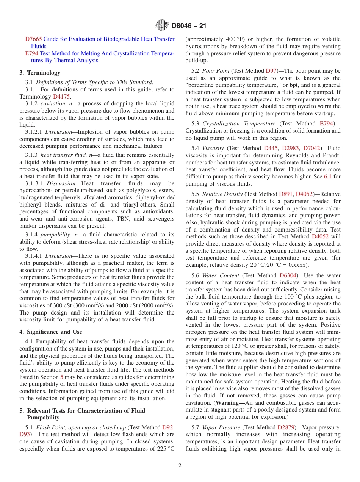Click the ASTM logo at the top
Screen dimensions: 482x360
[162, 26]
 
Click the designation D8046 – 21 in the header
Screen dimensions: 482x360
[189, 26]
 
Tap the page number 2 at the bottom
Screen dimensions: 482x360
[180, 466]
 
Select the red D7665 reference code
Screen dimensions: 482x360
[33, 39]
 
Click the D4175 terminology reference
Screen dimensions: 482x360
[61, 97]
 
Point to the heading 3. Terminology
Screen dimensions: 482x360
[40, 72]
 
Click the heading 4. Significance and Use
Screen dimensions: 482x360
[51, 332]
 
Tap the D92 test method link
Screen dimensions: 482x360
[168, 427]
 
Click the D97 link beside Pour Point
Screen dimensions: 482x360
[271, 71]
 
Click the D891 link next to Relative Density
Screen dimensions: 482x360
[285, 194]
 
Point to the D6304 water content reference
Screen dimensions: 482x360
[288, 275]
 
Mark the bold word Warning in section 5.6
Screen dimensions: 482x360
[230, 403]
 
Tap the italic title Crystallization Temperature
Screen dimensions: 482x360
[239, 124]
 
